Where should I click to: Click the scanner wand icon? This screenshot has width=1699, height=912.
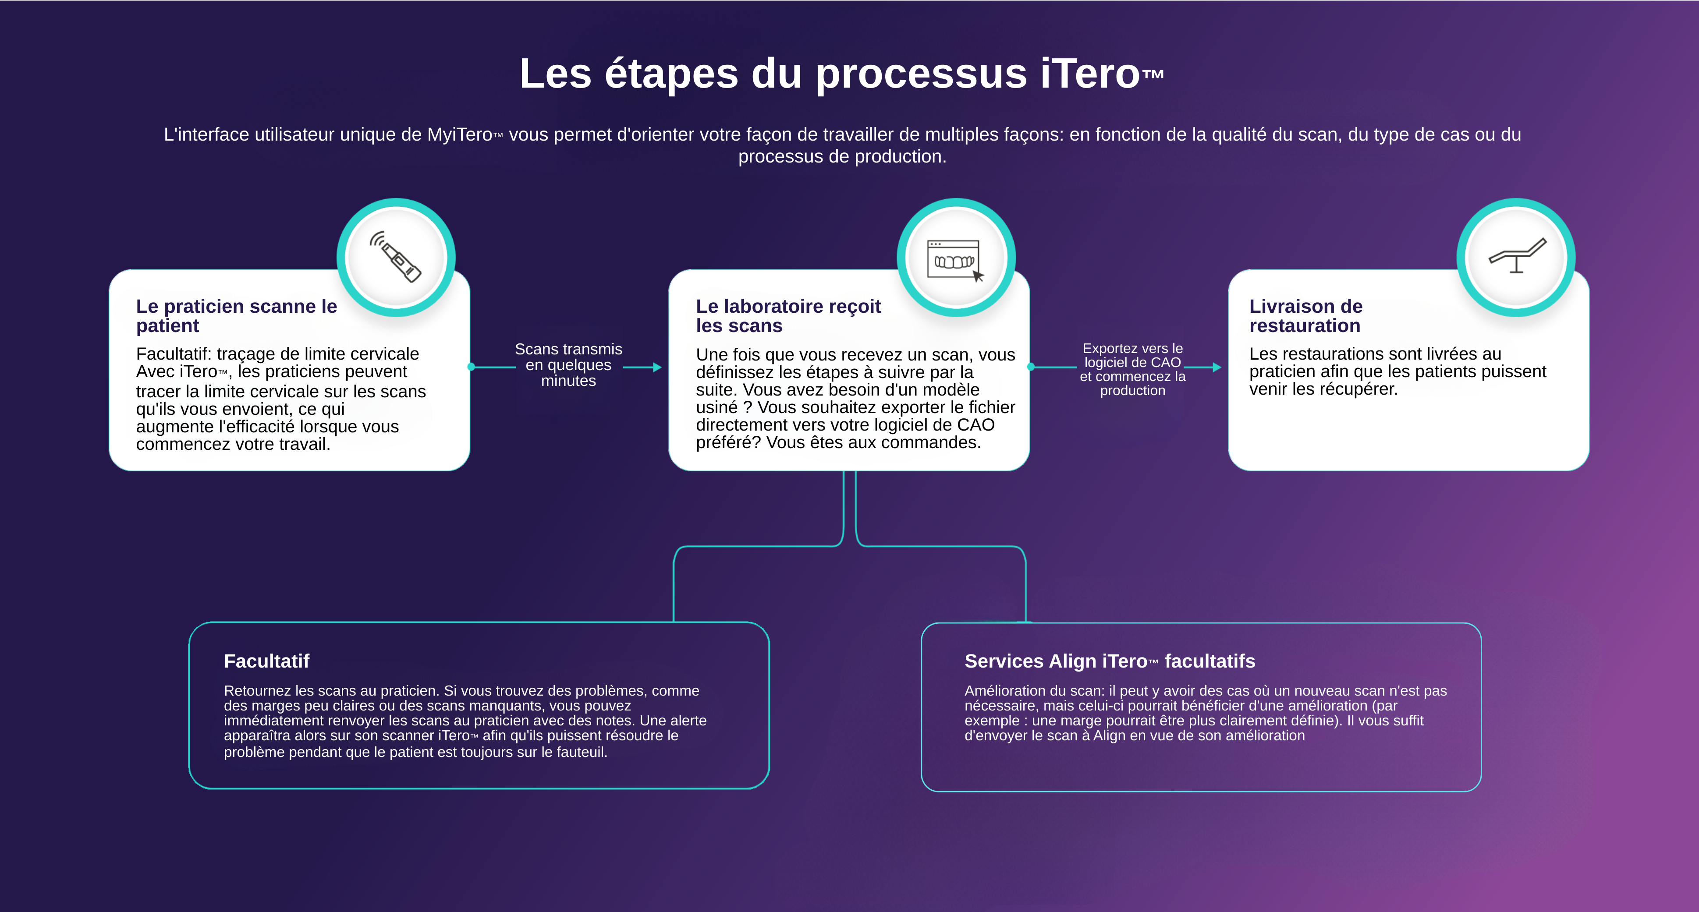[396, 257]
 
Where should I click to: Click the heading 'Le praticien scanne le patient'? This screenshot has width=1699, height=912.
[236, 316]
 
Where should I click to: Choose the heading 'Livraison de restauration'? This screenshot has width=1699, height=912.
[1305, 316]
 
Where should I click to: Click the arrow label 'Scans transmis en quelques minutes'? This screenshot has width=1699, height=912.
[568, 364]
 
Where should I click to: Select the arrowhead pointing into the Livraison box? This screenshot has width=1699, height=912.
[1217, 368]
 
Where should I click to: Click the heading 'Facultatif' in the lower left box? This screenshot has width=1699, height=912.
[266, 661]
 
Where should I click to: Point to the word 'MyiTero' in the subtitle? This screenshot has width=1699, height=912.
[460, 134]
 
